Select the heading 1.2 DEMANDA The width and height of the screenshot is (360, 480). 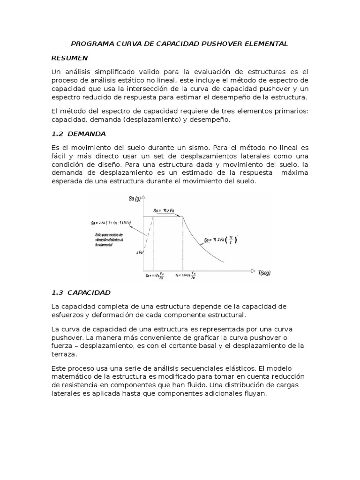79,134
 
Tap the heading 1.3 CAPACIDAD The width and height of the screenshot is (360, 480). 81,292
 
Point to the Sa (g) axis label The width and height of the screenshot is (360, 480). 135,198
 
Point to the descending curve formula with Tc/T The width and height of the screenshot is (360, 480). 221,240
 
